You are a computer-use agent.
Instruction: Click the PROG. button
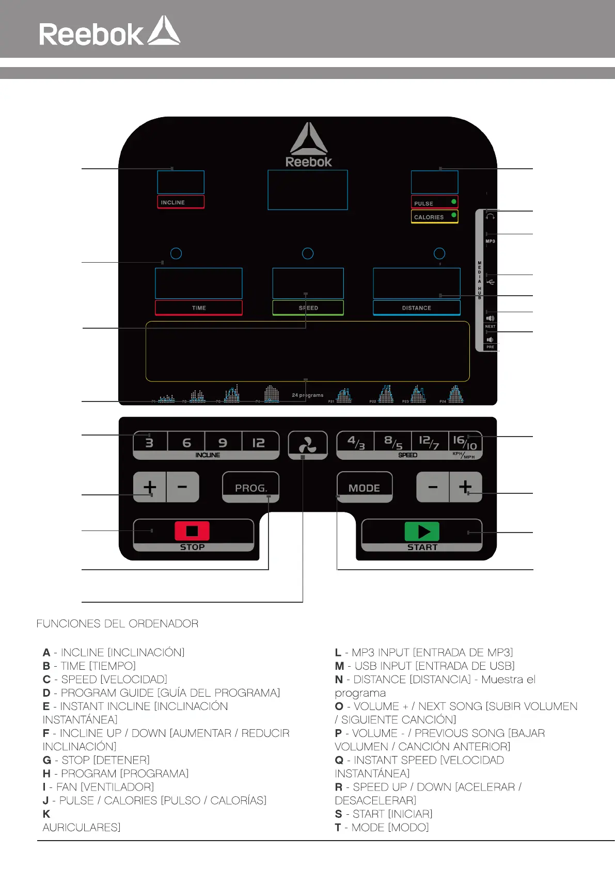tap(251, 487)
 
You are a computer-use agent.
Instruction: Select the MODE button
tap(364, 487)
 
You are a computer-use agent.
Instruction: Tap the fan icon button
tap(308, 444)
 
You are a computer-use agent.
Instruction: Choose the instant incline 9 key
tap(223, 442)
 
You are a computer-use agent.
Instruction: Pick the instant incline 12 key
tap(259, 442)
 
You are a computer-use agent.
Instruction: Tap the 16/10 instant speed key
tap(464, 442)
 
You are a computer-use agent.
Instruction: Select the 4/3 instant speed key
tap(356, 442)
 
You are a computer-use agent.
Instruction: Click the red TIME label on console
tap(199, 308)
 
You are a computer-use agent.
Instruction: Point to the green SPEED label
tap(308, 308)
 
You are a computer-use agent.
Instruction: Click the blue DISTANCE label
tap(417, 308)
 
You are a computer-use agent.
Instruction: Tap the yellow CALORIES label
tap(434, 217)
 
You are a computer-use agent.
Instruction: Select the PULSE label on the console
tap(434, 203)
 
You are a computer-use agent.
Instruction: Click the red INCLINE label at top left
tap(181, 202)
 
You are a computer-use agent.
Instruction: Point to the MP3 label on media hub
tap(490, 241)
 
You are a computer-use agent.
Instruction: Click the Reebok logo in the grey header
tap(109, 32)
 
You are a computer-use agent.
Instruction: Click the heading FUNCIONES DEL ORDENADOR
tap(117, 623)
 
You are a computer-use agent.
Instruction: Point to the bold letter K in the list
tap(46, 814)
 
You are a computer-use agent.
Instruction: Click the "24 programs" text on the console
tap(308, 395)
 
